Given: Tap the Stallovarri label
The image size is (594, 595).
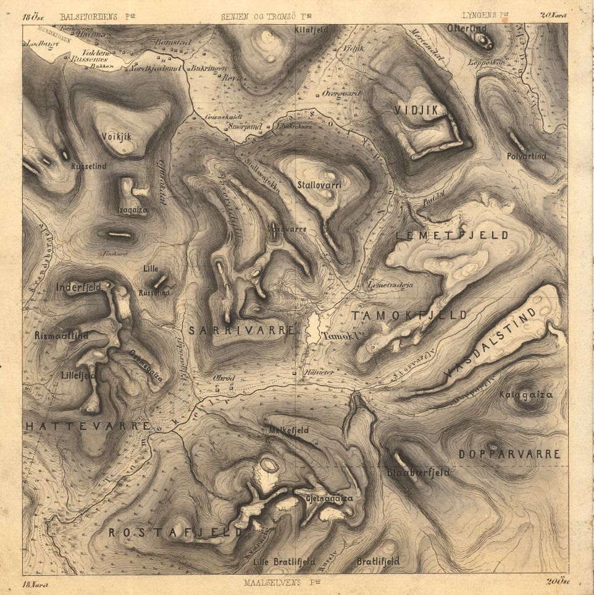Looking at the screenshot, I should point(319,185).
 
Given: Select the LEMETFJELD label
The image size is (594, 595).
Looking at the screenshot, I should point(452,235).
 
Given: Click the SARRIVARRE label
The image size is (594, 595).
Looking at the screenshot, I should point(241,331).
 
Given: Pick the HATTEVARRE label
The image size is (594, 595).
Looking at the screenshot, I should point(86,426).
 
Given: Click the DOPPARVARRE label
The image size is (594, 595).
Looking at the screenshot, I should point(509,454).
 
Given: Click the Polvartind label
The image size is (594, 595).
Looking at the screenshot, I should point(526,157).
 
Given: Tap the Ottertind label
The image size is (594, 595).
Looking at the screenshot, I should point(467,28).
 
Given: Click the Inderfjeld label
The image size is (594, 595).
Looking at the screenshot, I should point(78,287).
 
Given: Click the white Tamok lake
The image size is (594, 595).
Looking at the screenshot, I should point(313,327).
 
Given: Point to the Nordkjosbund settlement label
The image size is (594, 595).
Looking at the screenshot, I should point(154,69).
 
